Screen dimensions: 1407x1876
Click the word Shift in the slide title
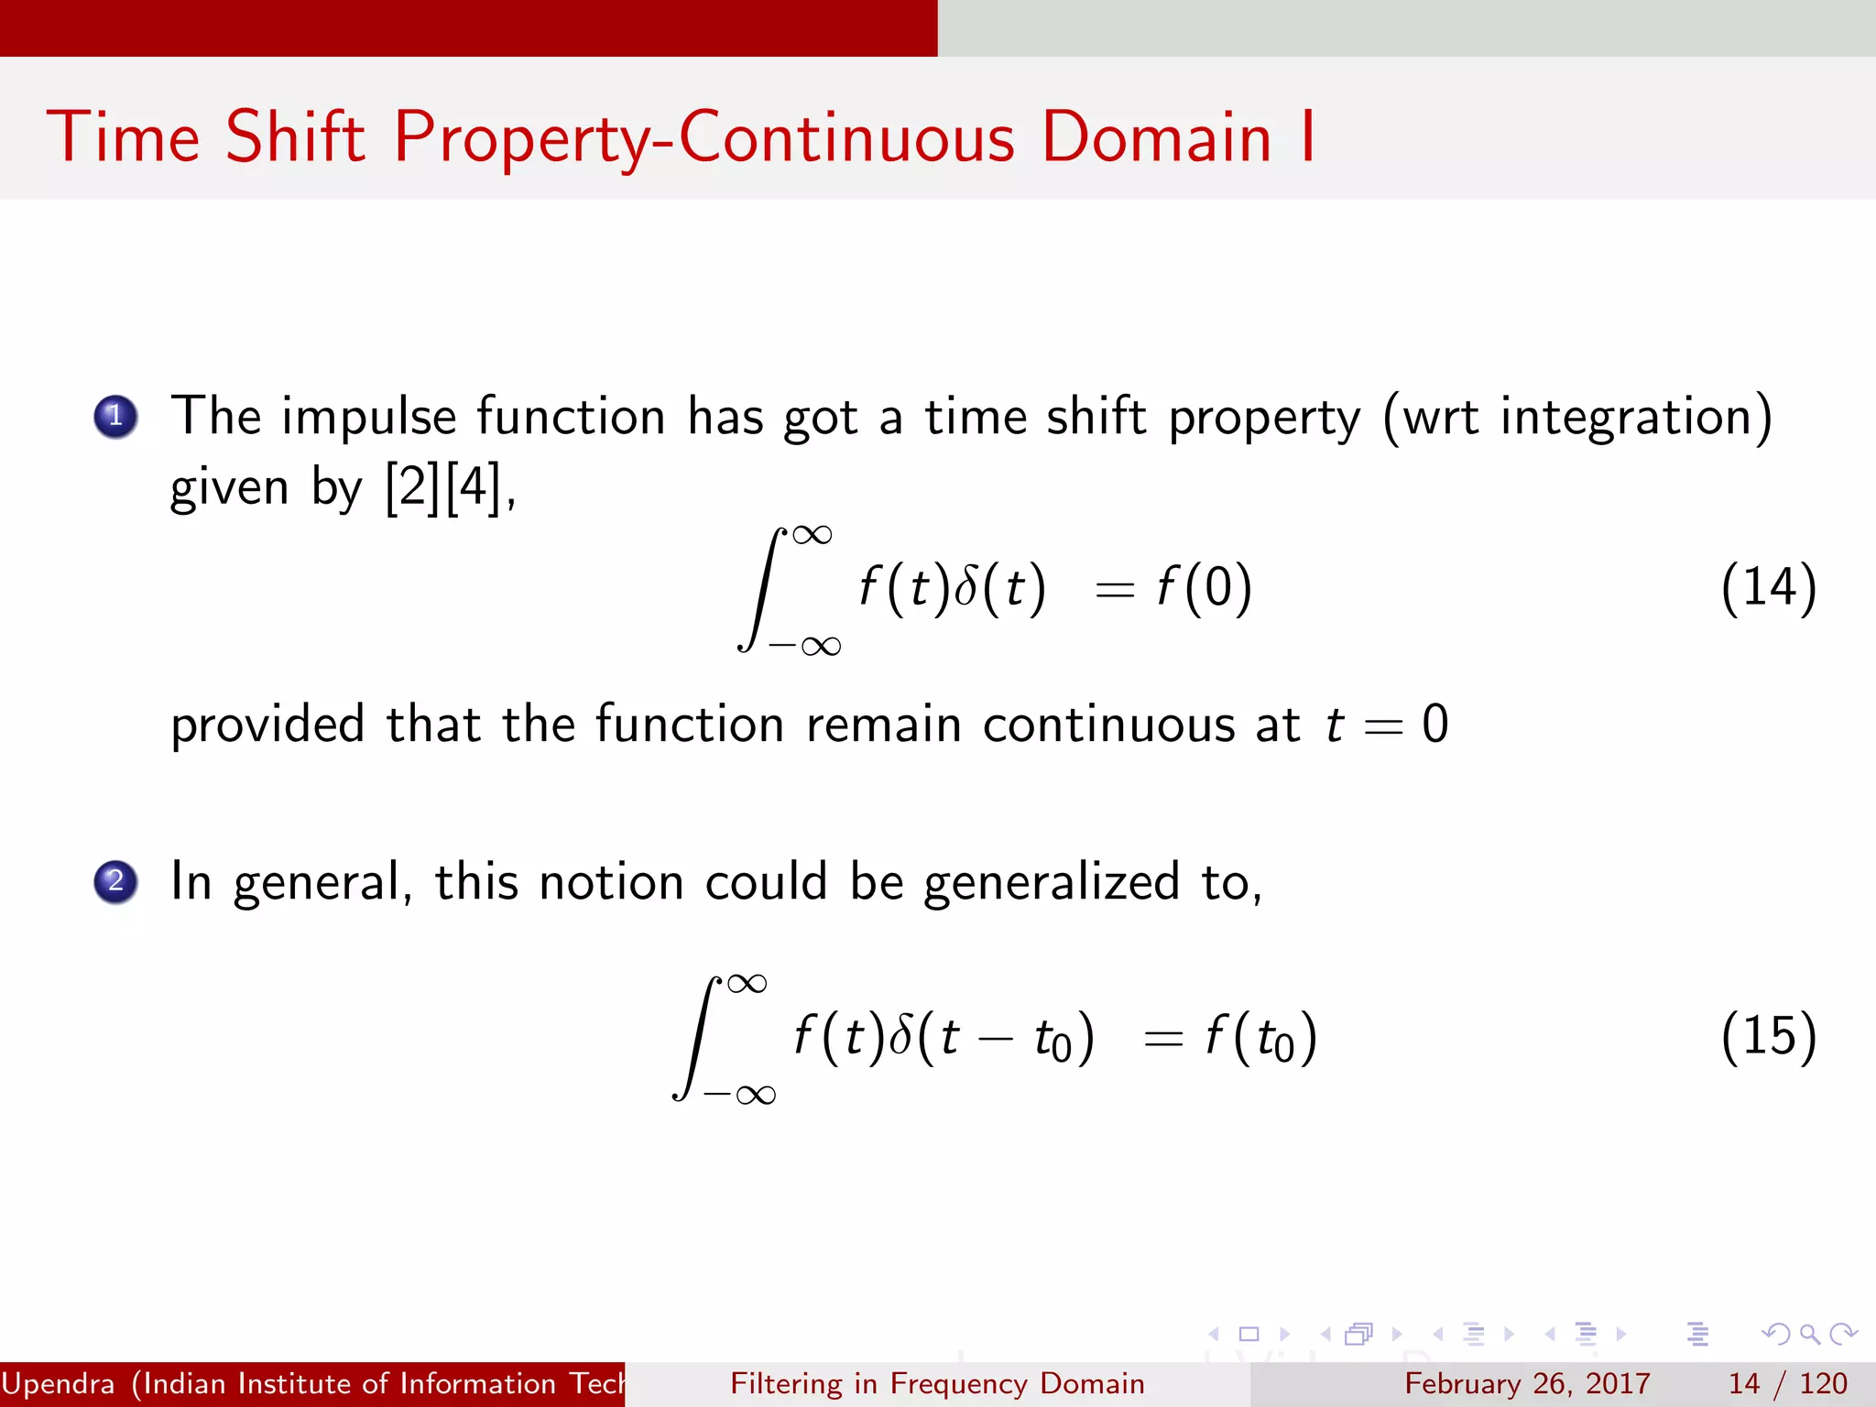pyautogui.click(x=295, y=137)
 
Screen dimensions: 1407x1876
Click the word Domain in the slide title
pyautogui.click(x=1156, y=137)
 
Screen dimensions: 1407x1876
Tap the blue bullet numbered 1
pyautogui.click(x=115, y=417)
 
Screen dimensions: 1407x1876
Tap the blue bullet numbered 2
pyautogui.click(x=115, y=882)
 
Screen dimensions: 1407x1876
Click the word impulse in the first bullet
pyautogui.click(x=368, y=418)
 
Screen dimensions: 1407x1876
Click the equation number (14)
pyautogui.click(x=1768, y=587)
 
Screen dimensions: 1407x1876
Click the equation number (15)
pyautogui.click(x=1768, y=1036)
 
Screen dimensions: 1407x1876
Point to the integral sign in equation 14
pyautogui.click(x=762, y=589)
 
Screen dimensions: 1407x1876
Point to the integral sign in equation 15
pyautogui.click(x=696, y=1038)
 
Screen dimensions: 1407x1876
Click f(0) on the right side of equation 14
pyautogui.click(x=1204, y=587)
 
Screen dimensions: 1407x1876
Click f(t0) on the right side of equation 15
pyautogui.click(x=1261, y=1038)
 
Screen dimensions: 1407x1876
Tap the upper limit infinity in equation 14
pyautogui.click(x=813, y=534)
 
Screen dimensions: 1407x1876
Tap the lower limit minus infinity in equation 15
pyautogui.click(x=740, y=1095)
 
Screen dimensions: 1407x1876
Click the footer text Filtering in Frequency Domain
pyautogui.click(x=937, y=1383)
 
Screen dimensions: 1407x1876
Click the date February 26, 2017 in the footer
pyautogui.click(x=1527, y=1383)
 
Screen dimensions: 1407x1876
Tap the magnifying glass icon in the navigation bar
pyautogui.click(x=1809, y=1334)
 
